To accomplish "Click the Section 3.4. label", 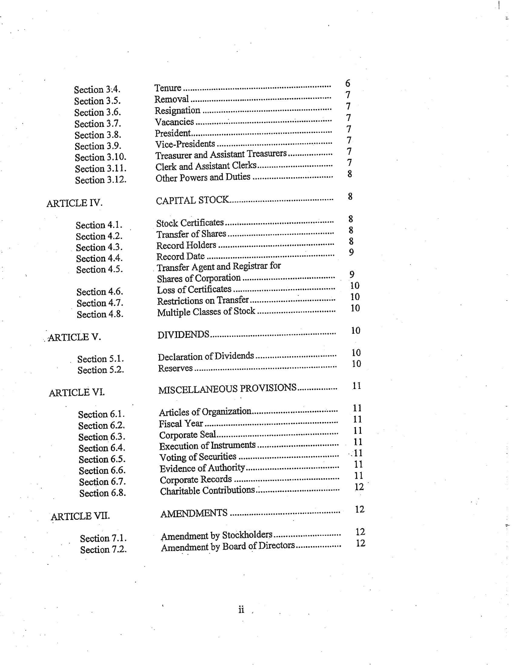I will click(97, 89).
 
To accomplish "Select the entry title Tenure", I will click(168, 88).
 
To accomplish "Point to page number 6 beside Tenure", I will click(347, 83).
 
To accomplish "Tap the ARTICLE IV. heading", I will click(74, 203).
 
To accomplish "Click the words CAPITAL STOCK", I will click(192, 200).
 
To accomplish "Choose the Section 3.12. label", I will click(100, 180).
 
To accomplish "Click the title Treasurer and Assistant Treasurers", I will click(221, 155).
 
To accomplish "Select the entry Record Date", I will click(180, 256).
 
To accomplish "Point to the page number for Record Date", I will click(351, 252).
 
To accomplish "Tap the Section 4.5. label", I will click(99, 270).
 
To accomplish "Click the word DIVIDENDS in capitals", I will click(183, 335).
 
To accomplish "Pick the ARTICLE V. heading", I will click(74, 337).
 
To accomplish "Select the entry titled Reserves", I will click(175, 368).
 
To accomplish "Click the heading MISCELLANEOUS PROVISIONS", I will click(227, 388).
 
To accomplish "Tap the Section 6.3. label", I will click(101, 437).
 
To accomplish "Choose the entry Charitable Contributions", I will click(207, 491).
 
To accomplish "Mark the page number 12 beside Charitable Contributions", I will click(359, 487).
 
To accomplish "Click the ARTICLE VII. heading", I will click(80, 516).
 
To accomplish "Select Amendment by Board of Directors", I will click(228, 547).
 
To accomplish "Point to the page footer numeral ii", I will click(241, 610).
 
